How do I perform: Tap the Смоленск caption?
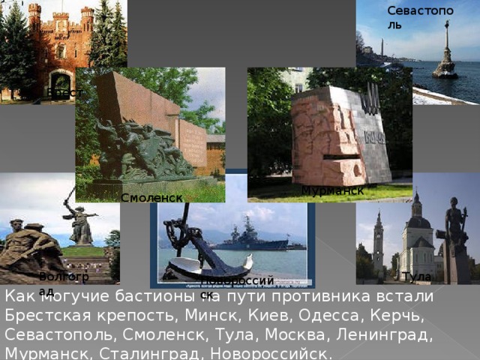[151, 197]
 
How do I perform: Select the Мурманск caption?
[332, 191]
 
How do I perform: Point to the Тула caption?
[416, 277]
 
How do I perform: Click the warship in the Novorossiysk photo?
[250, 235]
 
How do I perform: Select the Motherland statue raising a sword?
[79, 217]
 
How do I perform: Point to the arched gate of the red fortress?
[61, 82]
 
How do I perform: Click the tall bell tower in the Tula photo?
[378, 240]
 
